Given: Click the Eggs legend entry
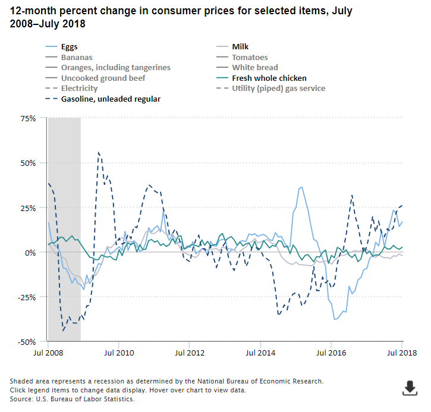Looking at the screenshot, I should tap(70, 46).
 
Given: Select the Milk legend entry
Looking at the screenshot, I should tap(241, 46).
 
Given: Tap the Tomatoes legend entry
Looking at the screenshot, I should tap(250, 57).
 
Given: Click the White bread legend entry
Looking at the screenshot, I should tap(254, 68).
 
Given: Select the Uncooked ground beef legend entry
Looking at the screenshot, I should tap(103, 78).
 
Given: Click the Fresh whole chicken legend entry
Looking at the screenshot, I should tap(269, 78).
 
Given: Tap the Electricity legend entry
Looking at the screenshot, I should tap(79, 88).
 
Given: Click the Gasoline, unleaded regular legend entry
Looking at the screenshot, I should tap(111, 99).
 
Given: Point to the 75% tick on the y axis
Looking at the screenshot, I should tap(27, 118).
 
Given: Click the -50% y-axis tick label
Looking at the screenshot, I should tap(26, 342).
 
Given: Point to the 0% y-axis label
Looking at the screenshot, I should tap(31, 253).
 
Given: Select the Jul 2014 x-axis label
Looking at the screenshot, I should tap(260, 353).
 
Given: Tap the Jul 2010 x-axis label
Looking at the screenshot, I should tap(118, 353).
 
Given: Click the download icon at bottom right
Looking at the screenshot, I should tap(410, 388).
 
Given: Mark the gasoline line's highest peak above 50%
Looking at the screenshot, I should tap(99, 152).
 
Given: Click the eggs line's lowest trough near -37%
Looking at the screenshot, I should tap(335, 319).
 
